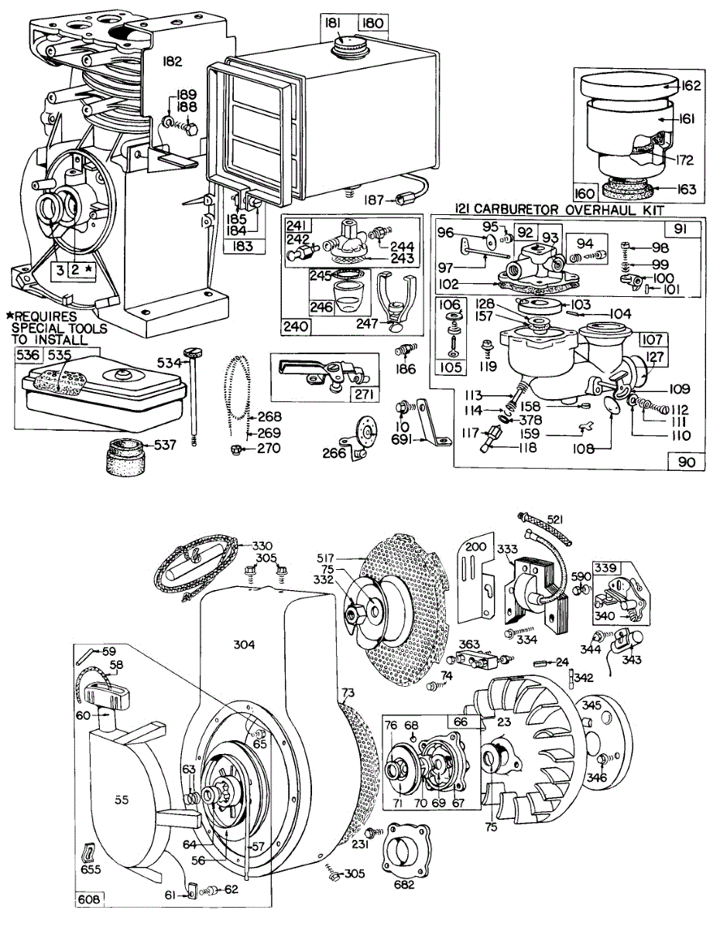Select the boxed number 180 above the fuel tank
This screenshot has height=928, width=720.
coord(372,23)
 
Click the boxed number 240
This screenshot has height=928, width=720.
coord(297,326)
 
